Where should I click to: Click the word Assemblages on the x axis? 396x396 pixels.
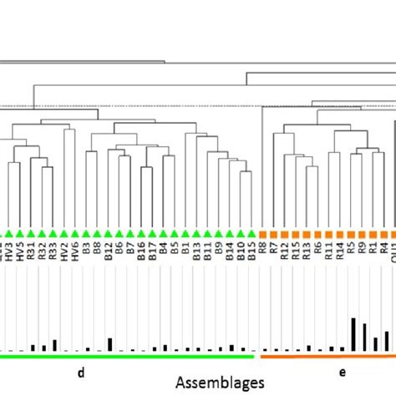221,381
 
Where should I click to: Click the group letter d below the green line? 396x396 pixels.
81,370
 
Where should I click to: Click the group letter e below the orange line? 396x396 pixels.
341,370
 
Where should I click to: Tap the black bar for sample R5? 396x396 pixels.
353,334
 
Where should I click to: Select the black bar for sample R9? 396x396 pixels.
364,336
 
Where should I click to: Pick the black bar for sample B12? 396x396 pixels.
109,344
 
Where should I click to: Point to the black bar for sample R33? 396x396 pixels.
54,345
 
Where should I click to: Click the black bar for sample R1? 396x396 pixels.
375,343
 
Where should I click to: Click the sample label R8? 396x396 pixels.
263,251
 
